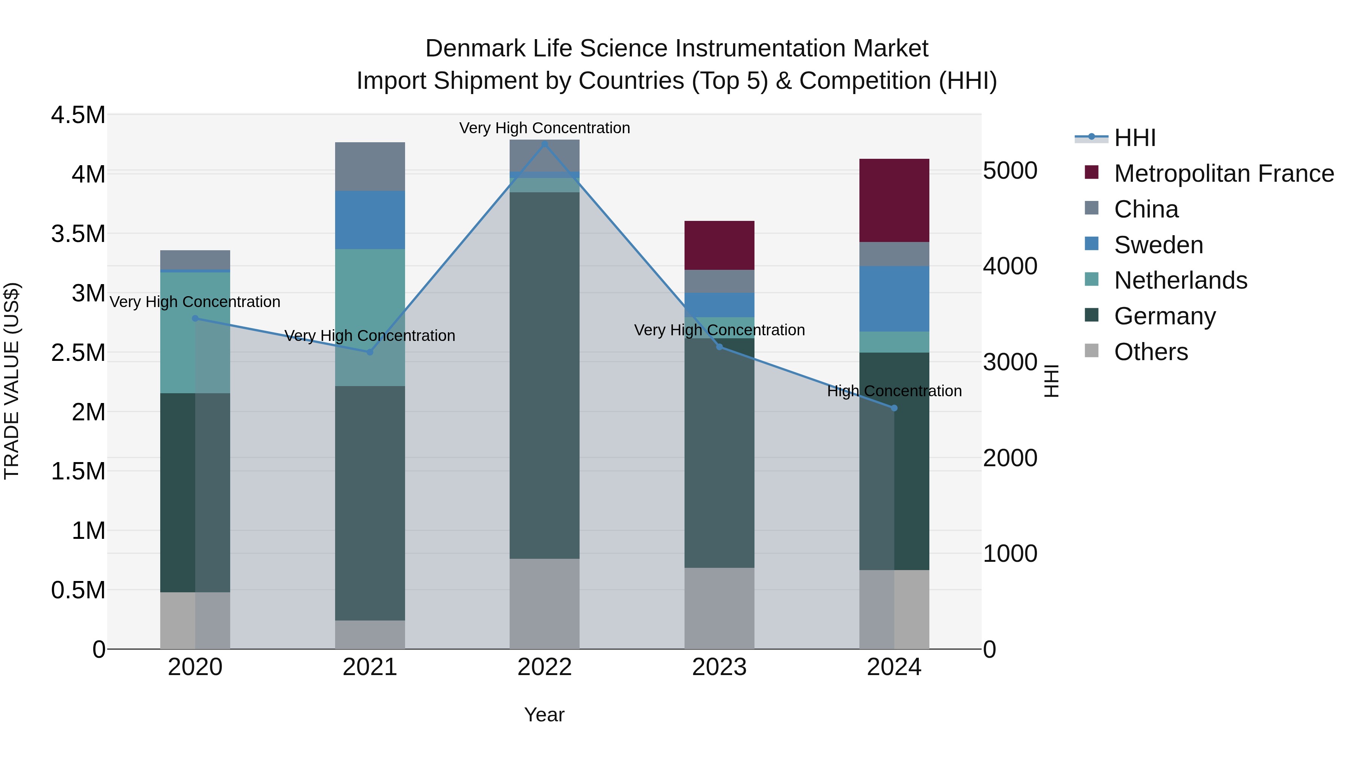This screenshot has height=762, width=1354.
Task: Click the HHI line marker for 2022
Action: [x=545, y=144]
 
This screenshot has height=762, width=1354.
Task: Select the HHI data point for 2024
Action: [x=894, y=408]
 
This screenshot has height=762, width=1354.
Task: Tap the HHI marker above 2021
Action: [x=370, y=352]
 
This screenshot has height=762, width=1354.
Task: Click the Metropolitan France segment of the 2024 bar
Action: [x=894, y=200]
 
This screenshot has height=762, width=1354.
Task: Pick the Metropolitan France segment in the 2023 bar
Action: [x=719, y=245]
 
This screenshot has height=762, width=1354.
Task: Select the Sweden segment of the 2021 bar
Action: [x=370, y=220]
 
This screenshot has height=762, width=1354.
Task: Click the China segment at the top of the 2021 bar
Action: [x=370, y=166]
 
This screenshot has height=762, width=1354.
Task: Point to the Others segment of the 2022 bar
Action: [x=545, y=604]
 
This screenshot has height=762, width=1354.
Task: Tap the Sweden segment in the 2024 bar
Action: [x=894, y=299]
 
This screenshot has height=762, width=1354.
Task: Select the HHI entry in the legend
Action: [x=1134, y=138]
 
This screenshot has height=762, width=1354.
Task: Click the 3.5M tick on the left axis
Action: [x=78, y=233]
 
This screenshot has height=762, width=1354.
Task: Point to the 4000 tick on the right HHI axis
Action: [x=1010, y=266]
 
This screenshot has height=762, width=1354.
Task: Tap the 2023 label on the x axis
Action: [x=719, y=667]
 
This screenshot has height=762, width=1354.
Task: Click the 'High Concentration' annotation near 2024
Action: [x=894, y=391]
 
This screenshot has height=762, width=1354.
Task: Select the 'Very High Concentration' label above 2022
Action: [x=545, y=128]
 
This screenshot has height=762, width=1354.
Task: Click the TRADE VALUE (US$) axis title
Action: [x=12, y=381]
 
